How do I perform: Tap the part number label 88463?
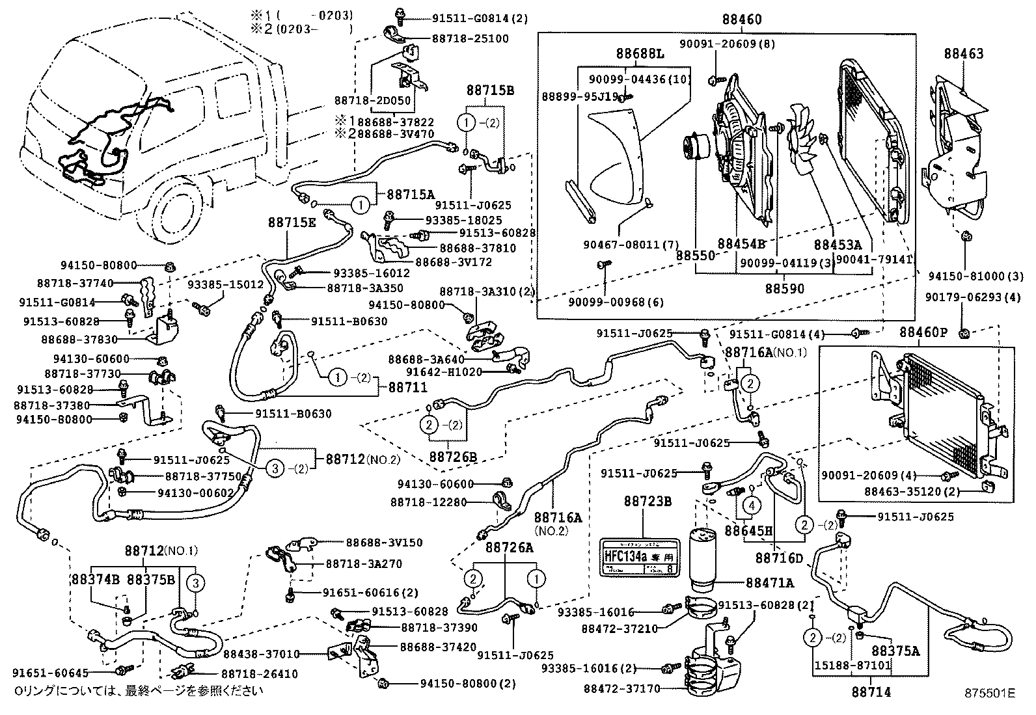pos(964,55)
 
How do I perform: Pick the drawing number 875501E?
pos(989,694)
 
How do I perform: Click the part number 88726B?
pos(453,457)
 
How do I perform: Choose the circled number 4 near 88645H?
pos(751,504)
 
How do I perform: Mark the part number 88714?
pos(871,692)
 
